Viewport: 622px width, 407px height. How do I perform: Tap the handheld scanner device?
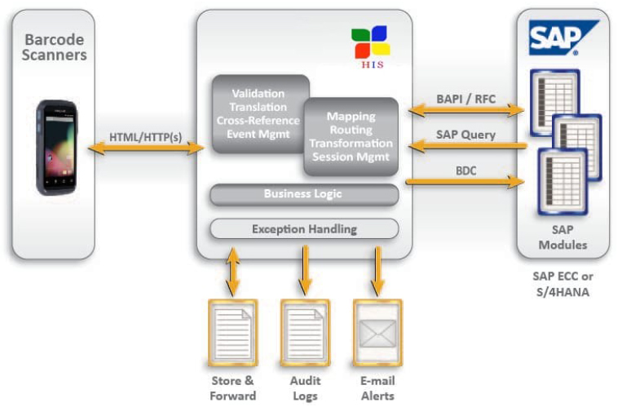click(56, 147)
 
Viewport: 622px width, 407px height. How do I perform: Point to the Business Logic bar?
click(303, 194)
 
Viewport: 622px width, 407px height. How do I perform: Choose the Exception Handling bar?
click(303, 229)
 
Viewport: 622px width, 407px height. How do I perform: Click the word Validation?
click(258, 94)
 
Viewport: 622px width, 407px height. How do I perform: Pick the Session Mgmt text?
click(351, 157)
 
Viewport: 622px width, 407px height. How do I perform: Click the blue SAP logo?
click(562, 37)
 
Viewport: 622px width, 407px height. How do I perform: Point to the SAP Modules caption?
click(562, 237)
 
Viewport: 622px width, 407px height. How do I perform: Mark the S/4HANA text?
click(562, 290)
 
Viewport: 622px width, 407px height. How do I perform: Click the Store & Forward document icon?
click(232, 331)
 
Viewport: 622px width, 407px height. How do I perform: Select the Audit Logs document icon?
click(305, 331)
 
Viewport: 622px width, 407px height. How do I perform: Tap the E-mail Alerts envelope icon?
click(377, 331)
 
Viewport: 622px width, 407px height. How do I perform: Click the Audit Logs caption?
click(305, 388)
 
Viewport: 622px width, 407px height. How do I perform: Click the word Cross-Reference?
click(258, 120)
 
